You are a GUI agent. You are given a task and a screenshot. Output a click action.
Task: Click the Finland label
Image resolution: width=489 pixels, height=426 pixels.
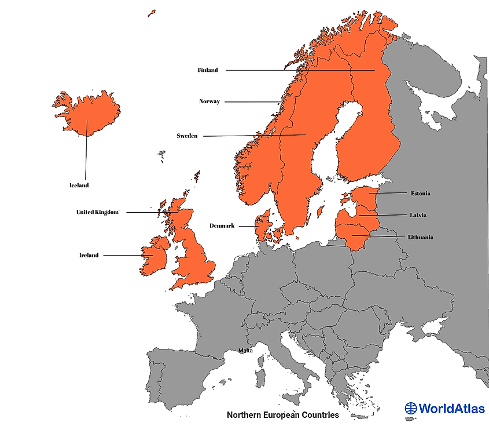(x=208, y=70)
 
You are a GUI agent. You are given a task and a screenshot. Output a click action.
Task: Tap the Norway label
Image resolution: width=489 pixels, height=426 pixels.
(x=209, y=101)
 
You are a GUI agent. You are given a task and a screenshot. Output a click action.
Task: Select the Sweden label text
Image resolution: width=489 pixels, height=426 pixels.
(x=187, y=136)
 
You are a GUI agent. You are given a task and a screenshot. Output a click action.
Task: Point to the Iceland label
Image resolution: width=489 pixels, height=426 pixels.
(x=79, y=185)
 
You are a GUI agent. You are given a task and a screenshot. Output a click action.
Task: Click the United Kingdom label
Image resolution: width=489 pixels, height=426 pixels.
(x=97, y=212)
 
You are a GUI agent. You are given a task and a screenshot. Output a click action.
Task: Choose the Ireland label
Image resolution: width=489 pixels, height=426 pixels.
(x=89, y=255)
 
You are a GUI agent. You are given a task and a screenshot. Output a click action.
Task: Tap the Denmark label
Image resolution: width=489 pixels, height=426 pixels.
(x=222, y=226)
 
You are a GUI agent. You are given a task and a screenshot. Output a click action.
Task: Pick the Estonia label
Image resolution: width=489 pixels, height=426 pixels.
(x=420, y=193)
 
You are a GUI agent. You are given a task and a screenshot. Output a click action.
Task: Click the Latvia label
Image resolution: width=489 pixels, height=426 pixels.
(x=418, y=215)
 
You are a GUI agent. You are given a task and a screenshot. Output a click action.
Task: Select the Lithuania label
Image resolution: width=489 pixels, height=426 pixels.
(x=420, y=237)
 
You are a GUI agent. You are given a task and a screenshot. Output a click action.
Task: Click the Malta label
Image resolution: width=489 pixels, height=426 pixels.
(x=245, y=351)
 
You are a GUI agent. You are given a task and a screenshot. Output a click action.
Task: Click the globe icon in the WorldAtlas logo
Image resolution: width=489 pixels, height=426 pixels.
(x=411, y=408)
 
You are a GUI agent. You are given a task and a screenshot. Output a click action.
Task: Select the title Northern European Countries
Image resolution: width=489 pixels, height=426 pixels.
(x=282, y=415)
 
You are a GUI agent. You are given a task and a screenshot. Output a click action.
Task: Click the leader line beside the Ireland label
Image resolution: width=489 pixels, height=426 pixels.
(x=124, y=255)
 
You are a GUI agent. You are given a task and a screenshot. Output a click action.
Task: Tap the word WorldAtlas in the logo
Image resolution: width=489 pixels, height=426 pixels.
(x=452, y=408)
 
